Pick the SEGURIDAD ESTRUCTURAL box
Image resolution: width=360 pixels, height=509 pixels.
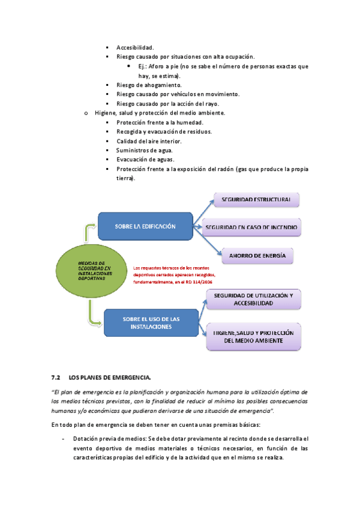256,199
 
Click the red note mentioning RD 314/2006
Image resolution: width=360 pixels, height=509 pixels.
174,274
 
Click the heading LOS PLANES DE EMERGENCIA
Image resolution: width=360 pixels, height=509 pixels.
110,377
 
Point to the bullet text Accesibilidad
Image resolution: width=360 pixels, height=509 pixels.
135,47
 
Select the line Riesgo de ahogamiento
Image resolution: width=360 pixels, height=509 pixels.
149,85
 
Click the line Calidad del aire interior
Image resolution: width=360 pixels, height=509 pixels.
149,141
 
